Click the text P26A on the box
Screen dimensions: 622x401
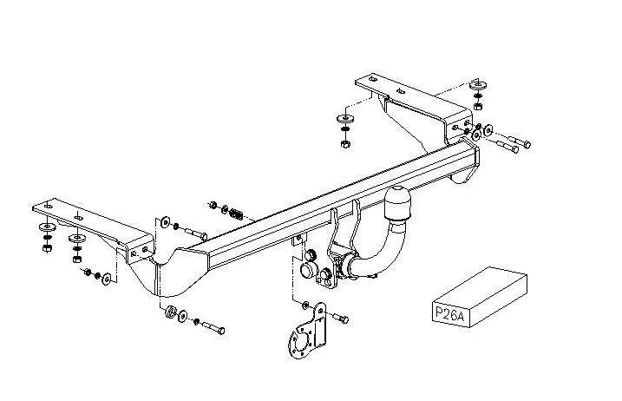point(449,312)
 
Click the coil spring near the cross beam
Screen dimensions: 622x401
point(237,214)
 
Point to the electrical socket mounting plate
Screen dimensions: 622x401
point(310,331)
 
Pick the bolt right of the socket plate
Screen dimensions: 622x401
point(340,319)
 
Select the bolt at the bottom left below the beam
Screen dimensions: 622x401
point(213,328)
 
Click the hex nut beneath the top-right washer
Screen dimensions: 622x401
point(478,106)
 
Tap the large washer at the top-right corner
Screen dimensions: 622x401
point(478,85)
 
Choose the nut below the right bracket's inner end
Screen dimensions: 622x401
point(345,144)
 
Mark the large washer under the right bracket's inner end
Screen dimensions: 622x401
point(345,118)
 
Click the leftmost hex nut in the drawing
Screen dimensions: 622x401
point(47,248)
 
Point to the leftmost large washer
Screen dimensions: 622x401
point(48,227)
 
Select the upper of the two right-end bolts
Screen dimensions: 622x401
point(520,141)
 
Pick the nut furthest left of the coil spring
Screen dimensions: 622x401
point(213,205)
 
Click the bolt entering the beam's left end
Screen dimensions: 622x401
point(195,233)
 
